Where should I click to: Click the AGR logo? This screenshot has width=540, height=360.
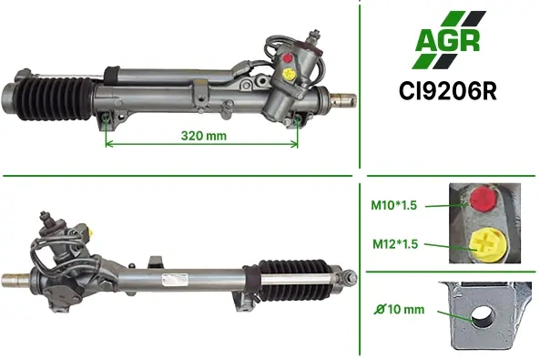click(x=449, y=40)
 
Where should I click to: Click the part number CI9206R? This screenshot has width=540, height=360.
click(x=448, y=91)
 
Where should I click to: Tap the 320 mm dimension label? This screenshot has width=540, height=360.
click(x=204, y=136)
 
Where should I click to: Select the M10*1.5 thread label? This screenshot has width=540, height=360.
click(x=393, y=205)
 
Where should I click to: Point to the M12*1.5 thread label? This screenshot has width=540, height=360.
click(x=395, y=244)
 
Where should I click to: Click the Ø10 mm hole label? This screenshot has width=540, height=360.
click(x=400, y=309)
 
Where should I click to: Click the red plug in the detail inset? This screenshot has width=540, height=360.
click(x=483, y=199)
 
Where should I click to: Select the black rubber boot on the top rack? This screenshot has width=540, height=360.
click(x=56, y=99)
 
